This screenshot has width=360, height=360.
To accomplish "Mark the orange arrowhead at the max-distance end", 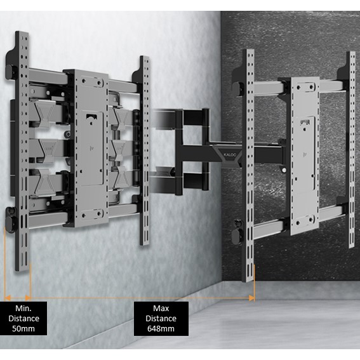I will (252, 297).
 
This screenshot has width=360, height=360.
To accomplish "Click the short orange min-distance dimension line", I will (17, 297).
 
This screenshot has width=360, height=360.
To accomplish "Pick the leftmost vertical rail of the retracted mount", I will (22, 152).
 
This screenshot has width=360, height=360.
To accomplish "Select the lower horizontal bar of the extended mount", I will (298, 222).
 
